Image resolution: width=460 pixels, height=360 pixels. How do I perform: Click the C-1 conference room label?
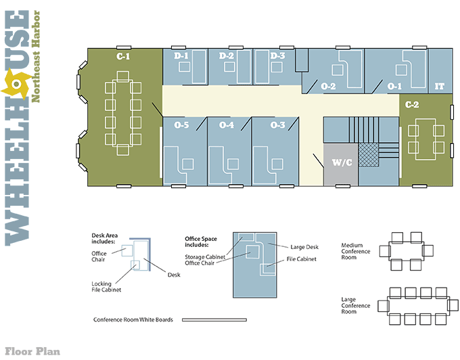123,56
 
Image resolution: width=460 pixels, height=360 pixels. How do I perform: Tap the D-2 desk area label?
227,55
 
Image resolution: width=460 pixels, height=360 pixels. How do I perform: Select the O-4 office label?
227,125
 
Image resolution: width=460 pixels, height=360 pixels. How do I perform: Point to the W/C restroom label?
342,162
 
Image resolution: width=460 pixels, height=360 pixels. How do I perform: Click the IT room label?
439,86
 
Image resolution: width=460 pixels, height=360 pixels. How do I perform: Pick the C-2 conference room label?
412,104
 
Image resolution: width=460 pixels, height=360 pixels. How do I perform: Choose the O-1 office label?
394,86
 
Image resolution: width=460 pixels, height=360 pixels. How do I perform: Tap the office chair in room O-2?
338,70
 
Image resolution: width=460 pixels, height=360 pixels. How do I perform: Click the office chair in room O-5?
188,164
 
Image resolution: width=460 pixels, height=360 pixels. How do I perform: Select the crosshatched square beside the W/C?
369,155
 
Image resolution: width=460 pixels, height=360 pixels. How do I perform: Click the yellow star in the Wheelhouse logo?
16,84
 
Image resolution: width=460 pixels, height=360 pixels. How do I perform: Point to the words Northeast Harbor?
35,56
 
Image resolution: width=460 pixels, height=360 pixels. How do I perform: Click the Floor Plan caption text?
32,351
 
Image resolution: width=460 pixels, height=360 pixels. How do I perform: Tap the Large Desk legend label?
304,247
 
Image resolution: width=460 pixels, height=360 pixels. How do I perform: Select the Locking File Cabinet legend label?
106,287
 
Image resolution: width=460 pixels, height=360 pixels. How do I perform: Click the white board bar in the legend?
214,320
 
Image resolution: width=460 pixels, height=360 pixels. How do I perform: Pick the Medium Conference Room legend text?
356,251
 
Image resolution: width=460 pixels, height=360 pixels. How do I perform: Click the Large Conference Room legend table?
418,306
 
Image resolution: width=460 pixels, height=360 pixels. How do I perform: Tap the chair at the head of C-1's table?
123,76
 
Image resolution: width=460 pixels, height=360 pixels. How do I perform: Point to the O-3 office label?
277,125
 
